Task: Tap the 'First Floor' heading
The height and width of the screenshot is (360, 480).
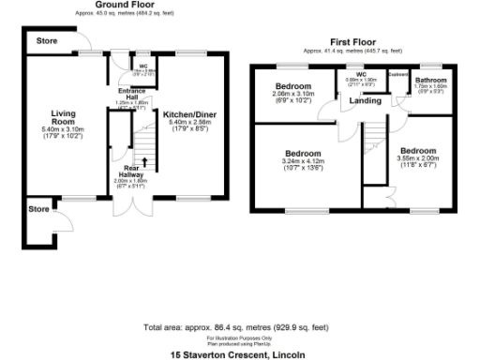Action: pyautogui.click(x=353, y=42)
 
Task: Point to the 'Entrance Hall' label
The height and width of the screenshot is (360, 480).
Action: pyautogui.click(x=127, y=94)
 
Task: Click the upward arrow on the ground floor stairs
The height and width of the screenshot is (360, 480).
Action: pyautogui.click(x=143, y=164)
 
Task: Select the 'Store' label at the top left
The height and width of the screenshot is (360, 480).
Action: pyautogui.click(x=46, y=42)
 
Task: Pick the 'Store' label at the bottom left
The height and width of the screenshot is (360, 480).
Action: pyautogui.click(x=38, y=207)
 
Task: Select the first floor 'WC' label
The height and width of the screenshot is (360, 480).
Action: pyautogui.click(x=361, y=73)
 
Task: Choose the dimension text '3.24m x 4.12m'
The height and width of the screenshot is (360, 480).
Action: pyautogui.click(x=303, y=160)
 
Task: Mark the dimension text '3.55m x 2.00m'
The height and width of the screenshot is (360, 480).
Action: pyautogui.click(x=417, y=158)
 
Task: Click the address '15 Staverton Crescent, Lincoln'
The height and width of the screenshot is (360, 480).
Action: pyautogui.click(x=239, y=355)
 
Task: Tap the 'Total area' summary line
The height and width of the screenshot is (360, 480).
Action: pyautogui.click(x=239, y=328)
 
